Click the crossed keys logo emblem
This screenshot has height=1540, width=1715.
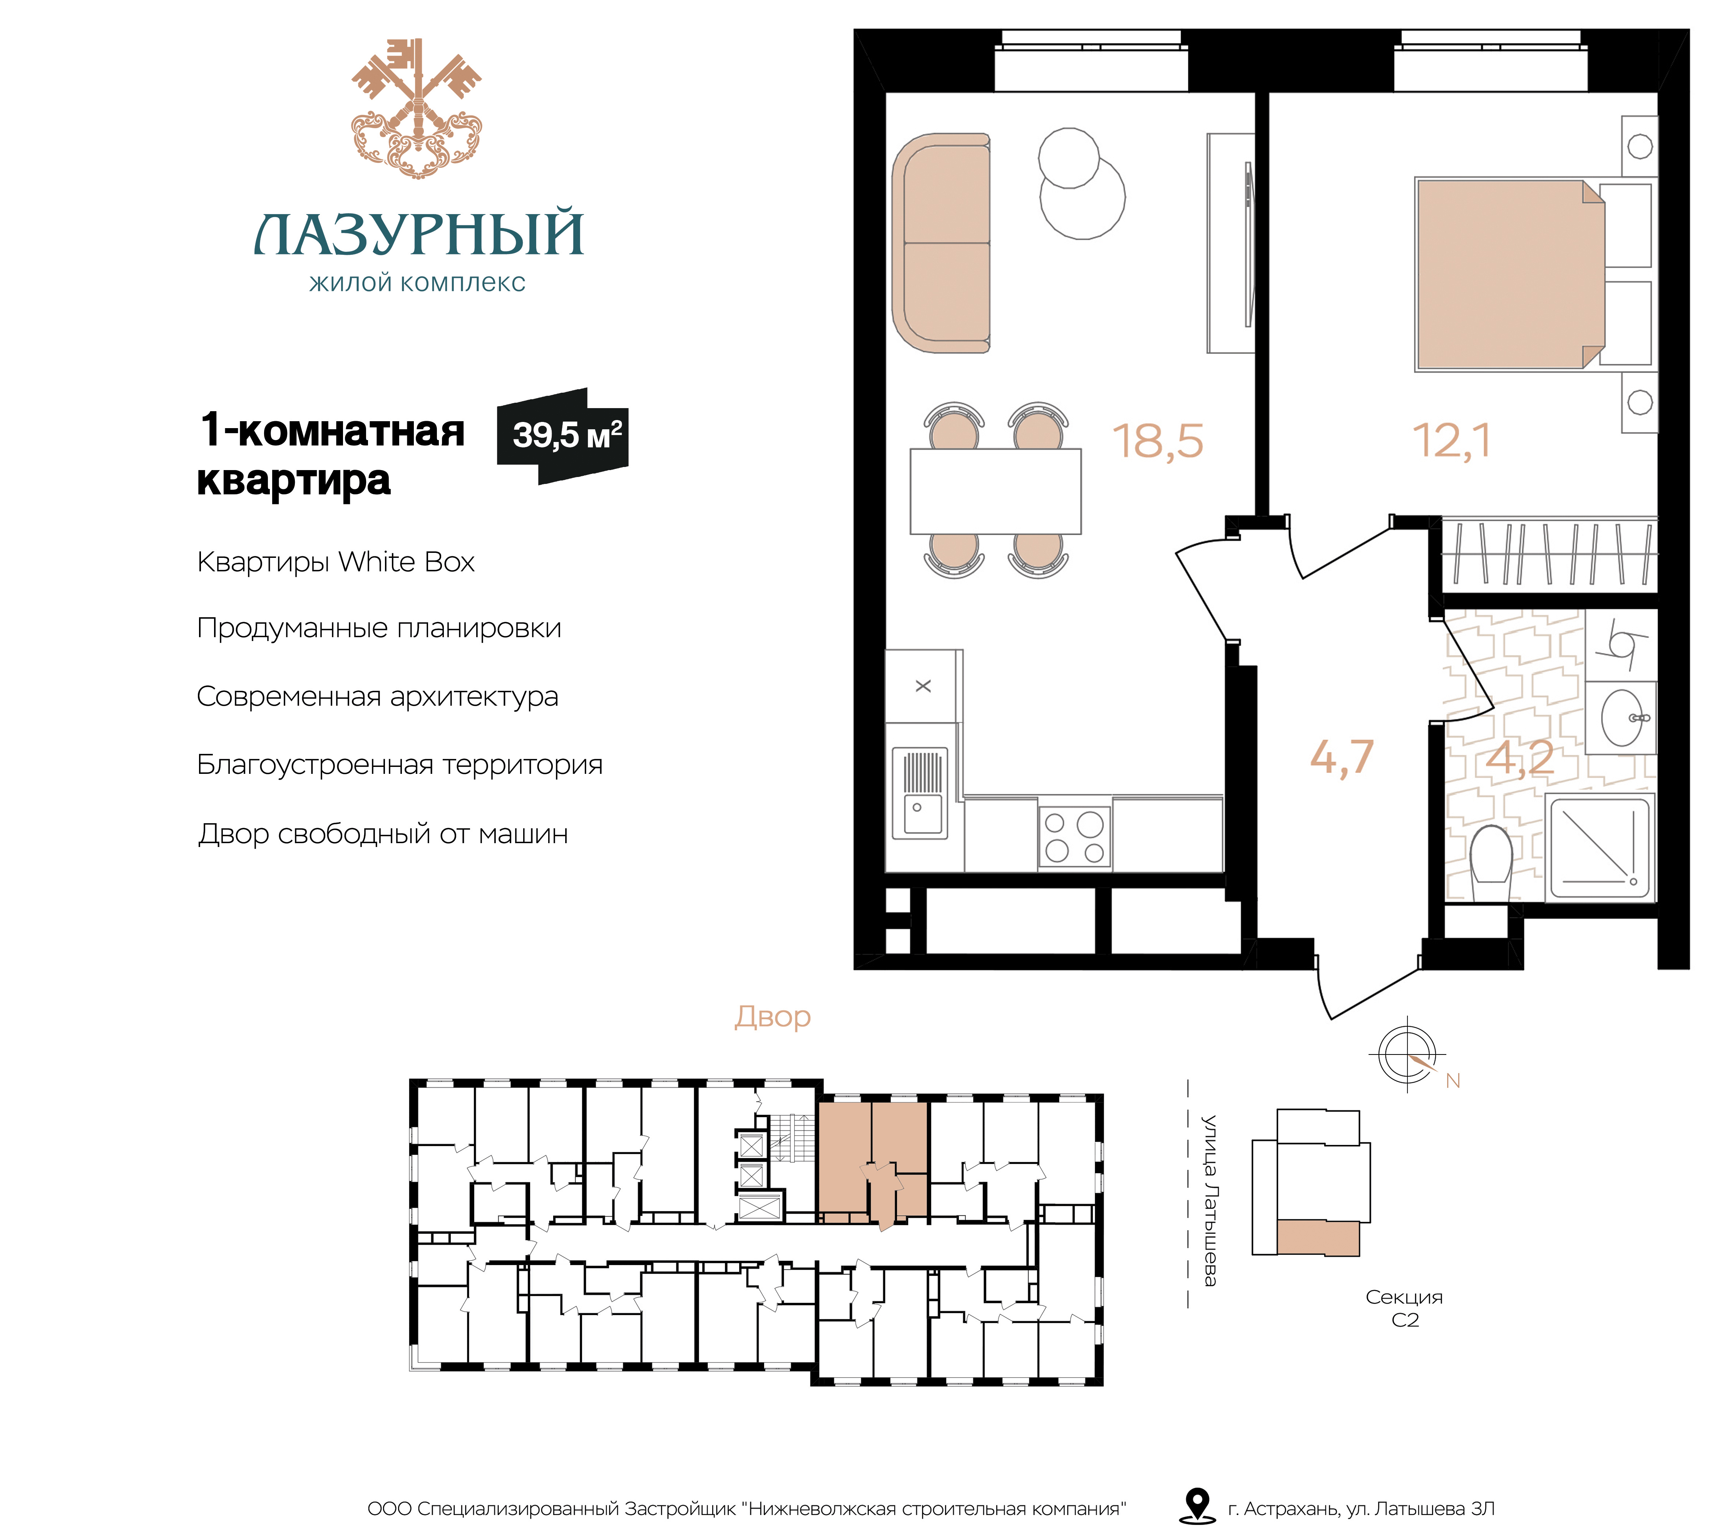[x=416, y=108]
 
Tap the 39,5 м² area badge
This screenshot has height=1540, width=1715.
[x=563, y=436]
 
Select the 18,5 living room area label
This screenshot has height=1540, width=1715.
[x=1158, y=442]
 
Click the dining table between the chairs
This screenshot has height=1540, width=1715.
[x=995, y=491]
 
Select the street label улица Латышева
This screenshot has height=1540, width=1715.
[x=1210, y=1200]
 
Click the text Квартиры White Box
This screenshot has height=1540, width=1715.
[x=336, y=562]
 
